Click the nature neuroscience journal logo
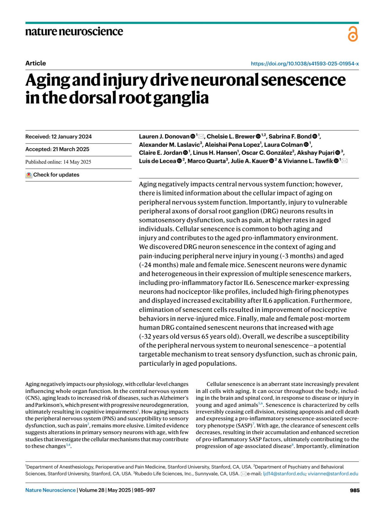pos(74,31)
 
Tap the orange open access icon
pos(352,34)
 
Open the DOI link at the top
pos(304,64)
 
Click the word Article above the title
pos(36,63)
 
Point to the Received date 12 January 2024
pos(58,137)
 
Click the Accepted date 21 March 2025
pos(57,149)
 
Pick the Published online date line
pos(58,162)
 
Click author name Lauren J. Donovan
pos(164,137)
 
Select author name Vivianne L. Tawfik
pos(308,161)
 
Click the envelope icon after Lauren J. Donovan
pos(201,137)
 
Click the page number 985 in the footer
pos(354,490)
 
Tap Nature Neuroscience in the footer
pos(50,490)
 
